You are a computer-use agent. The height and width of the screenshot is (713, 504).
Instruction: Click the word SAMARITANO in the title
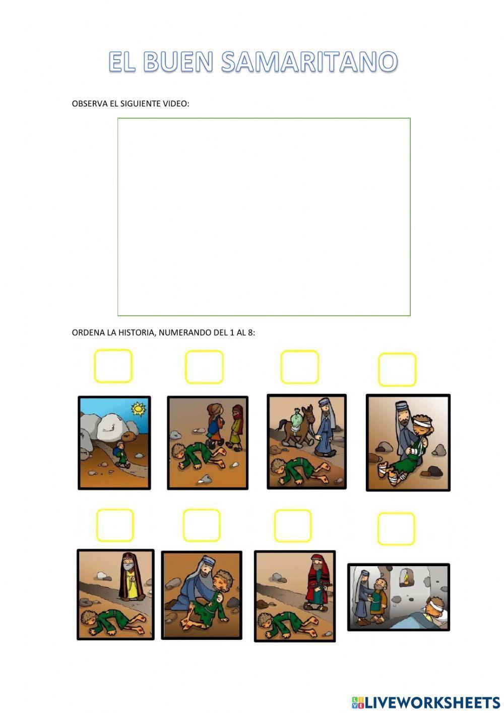coord(309,61)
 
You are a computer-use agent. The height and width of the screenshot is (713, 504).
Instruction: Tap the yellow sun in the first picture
coord(139,408)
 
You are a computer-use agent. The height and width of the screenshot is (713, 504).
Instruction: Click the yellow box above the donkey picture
coord(299,367)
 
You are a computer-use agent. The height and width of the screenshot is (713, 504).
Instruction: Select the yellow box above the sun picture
coord(113,366)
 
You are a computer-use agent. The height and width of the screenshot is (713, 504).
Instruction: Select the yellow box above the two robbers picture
coord(204,367)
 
